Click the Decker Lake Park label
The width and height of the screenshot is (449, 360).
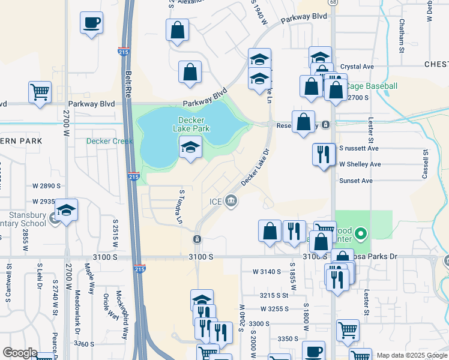191,124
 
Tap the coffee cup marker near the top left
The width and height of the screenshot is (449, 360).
91,24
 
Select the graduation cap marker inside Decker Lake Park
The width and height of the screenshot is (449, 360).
190,147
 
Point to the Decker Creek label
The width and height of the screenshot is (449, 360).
109,142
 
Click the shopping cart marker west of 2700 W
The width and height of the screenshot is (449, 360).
40,93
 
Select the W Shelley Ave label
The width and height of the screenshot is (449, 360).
360,164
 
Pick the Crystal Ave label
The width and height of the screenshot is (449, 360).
357,67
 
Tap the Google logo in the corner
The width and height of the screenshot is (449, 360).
20,353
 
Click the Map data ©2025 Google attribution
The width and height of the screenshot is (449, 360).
412,355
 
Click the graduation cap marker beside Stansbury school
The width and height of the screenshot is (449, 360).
67,211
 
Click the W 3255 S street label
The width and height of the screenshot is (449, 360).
274,308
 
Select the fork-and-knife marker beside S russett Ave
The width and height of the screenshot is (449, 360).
324,154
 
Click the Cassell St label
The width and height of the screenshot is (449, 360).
424,164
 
